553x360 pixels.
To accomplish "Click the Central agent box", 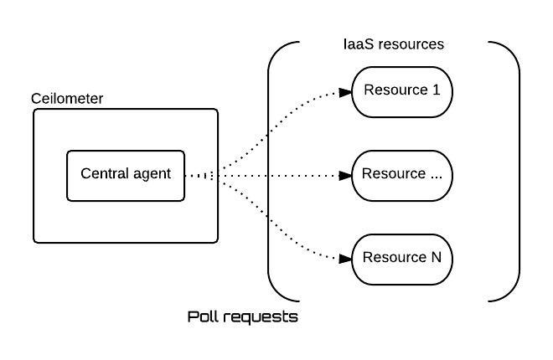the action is click(126, 176).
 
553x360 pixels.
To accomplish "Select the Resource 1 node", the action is click(402, 92).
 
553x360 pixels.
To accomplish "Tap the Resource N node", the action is click(402, 260).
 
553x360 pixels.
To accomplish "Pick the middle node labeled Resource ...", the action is click(402, 176).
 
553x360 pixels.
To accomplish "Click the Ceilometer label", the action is click(67, 99).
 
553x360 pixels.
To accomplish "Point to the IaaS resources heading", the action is click(394, 44).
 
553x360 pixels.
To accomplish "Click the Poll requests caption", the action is click(243, 317).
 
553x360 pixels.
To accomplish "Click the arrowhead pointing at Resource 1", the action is click(345, 93).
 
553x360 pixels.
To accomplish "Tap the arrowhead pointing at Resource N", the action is click(345, 259).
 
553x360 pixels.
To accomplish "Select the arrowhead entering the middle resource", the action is click(345, 176).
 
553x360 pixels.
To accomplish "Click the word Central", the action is click(105, 173).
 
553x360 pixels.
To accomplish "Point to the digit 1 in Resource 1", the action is click(437, 90).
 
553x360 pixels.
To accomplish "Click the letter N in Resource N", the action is click(437, 257).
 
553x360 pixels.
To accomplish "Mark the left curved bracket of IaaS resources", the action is click(268, 172).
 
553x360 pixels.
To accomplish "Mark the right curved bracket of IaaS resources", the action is click(519, 172).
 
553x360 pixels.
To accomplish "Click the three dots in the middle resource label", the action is click(437, 177).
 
